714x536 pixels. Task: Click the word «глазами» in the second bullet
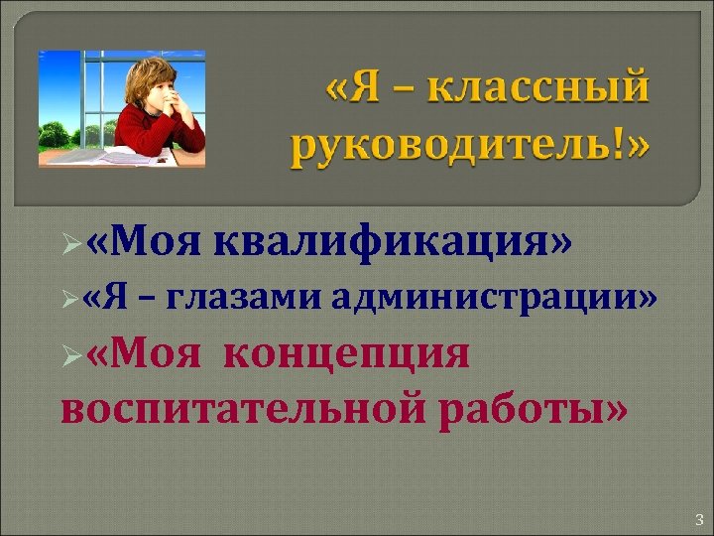tap(253, 296)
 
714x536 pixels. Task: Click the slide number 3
tap(698, 518)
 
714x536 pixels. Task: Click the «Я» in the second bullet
tap(112, 296)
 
